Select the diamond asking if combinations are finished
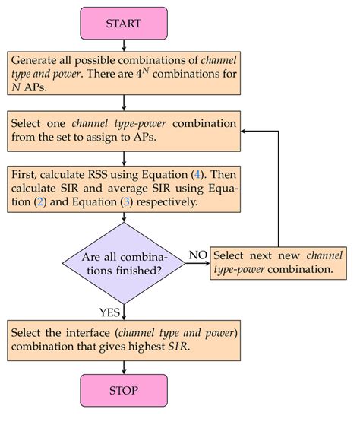pyautogui.click(x=123, y=260)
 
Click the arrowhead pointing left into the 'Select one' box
pyautogui.click(x=245, y=132)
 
